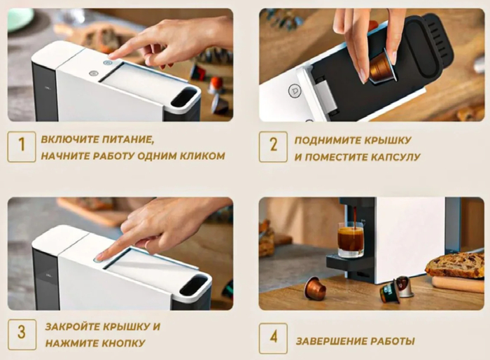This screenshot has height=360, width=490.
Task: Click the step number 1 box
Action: [22, 146]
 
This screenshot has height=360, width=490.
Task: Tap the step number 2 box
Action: [273, 146]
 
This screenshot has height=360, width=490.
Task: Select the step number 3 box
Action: [22, 334]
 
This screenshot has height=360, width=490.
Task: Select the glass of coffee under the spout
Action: [351, 240]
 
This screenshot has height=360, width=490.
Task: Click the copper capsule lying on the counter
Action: [315, 288]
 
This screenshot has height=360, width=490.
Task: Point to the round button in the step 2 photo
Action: [295, 91]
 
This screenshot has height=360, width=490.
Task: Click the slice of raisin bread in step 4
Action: [455, 265]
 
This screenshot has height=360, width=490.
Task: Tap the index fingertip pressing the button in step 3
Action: [99, 258]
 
